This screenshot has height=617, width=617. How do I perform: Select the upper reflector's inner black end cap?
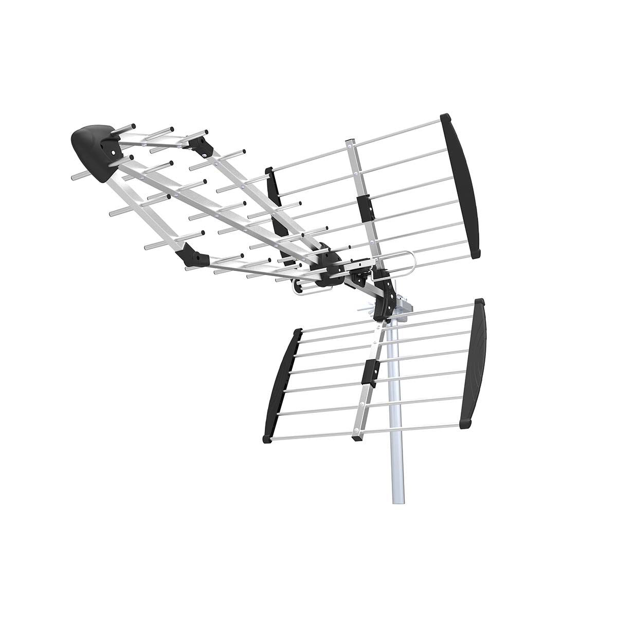point(275,201)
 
